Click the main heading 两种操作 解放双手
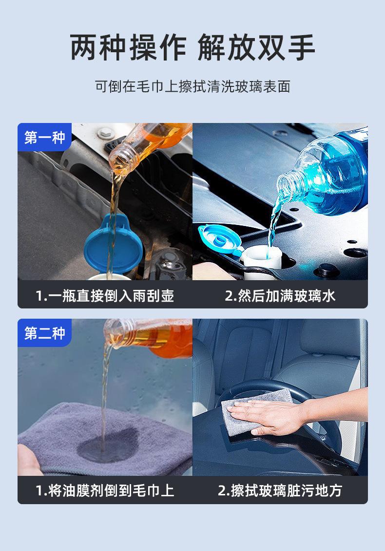(x=192, y=47)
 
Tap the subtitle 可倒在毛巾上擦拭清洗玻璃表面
(x=192, y=86)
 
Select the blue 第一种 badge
(x=44, y=137)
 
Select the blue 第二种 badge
(x=44, y=332)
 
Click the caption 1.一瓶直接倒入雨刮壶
(x=105, y=296)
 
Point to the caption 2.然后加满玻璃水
(x=280, y=296)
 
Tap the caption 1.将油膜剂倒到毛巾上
(x=105, y=490)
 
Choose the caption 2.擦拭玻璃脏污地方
(x=280, y=490)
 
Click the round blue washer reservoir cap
(x=113, y=243)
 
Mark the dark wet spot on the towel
(x=109, y=446)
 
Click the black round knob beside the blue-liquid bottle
(x=327, y=270)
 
